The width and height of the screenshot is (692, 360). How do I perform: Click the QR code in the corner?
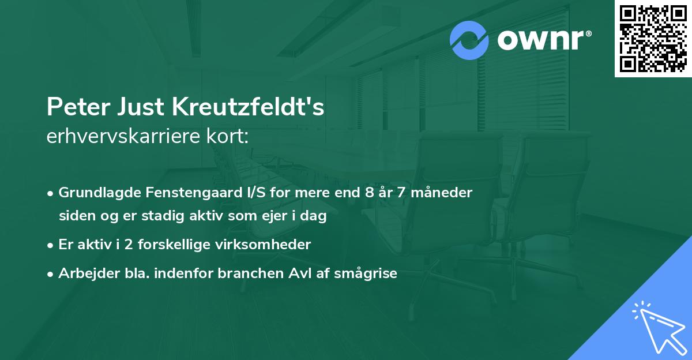pos(653,38)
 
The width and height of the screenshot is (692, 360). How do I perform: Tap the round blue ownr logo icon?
pos(469,40)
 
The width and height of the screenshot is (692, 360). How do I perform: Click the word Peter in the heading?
pos(73,108)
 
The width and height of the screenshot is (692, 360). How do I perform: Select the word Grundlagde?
pos(94,193)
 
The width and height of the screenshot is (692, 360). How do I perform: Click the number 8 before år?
pos(368,193)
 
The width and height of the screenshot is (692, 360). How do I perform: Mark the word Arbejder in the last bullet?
pos(84,273)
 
